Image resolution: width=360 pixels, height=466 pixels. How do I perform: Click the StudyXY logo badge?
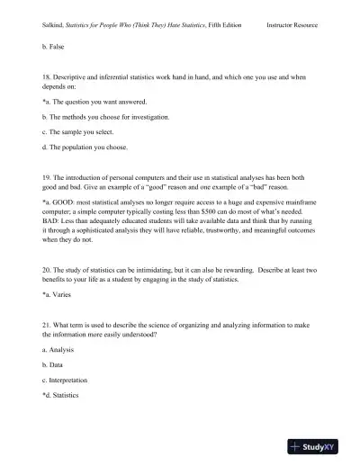tap(320, 445)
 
